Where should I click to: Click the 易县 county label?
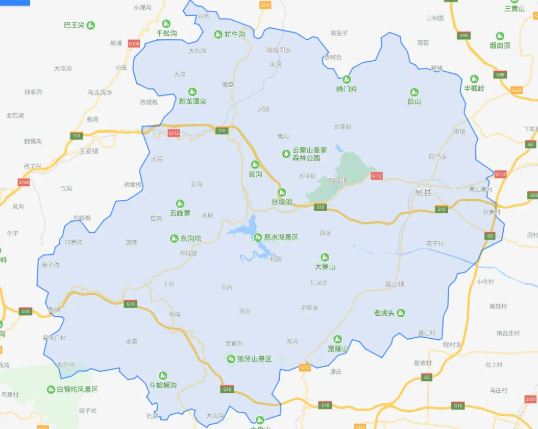(x=423, y=192)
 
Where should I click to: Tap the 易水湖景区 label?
(x=281, y=238)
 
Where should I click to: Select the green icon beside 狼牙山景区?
(x=231, y=359)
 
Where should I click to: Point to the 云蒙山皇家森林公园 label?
(x=309, y=154)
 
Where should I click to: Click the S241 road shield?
(x=265, y=5)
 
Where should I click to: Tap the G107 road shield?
(x=530, y=399)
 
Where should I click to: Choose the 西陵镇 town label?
(x=338, y=180)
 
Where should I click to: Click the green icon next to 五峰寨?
(x=180, y=204)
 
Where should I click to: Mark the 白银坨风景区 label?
(x=77, y=389)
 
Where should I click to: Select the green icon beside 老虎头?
(x=401, y=313)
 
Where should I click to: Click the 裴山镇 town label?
(x=394, y=284)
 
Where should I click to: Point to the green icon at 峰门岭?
(x=347, y=79)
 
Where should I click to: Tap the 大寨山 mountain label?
(x=325, y=267)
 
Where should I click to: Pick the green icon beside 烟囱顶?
(x=500, y=36)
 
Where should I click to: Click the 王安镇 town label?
(x=89, y=151)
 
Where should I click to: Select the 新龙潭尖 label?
(x=192, y=102)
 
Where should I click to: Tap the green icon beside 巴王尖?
(x=91, y=25)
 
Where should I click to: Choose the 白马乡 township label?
(x=438, y=157)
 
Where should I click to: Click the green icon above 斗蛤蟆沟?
(x=163, y=375)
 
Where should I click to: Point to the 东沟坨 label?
(x=191, y=238)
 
